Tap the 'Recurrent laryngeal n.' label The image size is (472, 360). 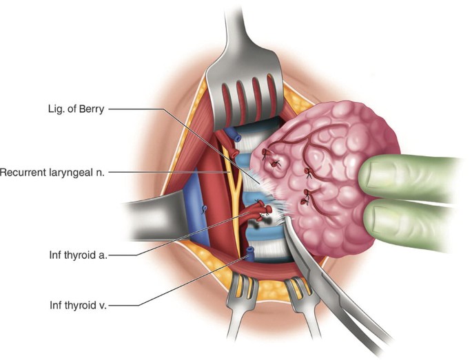(52, 171)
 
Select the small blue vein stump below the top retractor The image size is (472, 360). (236, 136)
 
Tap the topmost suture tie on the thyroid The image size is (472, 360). (278, 163)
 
